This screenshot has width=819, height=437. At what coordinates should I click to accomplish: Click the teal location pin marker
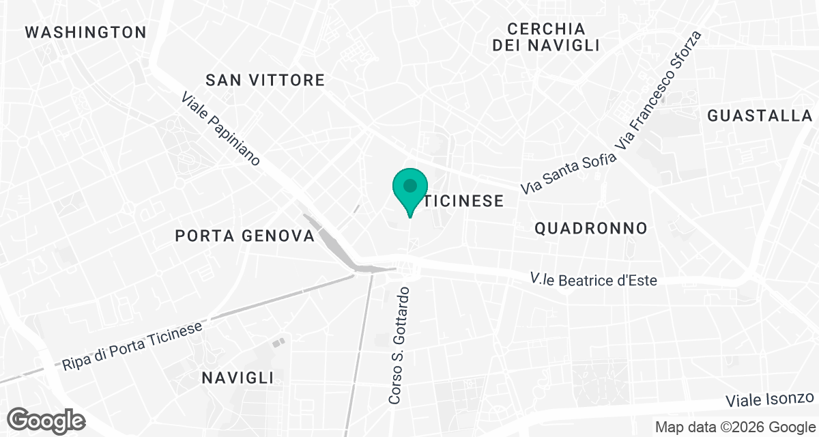tap(410, 191)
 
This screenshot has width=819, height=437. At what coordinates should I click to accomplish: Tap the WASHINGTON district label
tap(85, 32)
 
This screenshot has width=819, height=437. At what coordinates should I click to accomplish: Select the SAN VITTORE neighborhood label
tap(265, 80)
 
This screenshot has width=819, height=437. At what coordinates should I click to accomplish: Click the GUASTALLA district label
tap(760, 115)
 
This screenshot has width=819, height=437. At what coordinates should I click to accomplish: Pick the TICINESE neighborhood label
tap(463, 201)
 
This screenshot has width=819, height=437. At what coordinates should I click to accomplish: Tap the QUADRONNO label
tap(590, 228)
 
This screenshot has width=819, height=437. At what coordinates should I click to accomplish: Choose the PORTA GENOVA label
tap(244, 236)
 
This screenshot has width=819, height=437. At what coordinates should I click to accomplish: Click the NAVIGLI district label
tap(238, 378)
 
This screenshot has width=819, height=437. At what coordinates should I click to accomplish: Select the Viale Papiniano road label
tap(221, 129)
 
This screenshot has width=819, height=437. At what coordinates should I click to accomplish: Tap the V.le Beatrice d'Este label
tap(594, 279)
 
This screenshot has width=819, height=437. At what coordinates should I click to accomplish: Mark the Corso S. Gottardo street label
tap(399, 346)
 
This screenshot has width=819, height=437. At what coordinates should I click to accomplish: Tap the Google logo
tap(46, 420)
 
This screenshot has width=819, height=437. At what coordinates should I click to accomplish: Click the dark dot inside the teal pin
tap(410, 185)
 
